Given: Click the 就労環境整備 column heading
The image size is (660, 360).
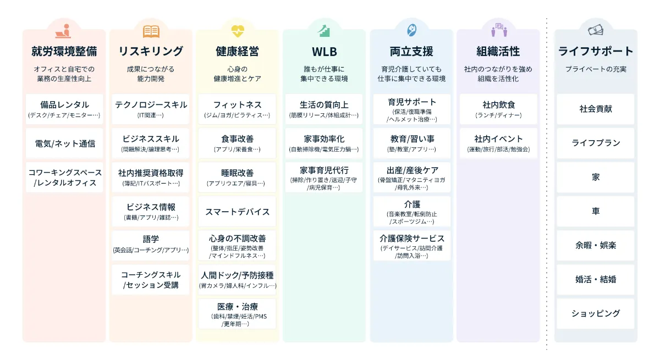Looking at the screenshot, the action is [64, 52].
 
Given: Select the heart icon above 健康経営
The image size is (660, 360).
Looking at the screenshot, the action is [238, 31].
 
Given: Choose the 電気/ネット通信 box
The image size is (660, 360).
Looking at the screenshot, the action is [64, 143].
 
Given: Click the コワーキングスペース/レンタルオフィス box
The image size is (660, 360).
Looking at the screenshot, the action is [64, 177].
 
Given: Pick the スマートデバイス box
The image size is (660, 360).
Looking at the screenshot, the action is [238, 212].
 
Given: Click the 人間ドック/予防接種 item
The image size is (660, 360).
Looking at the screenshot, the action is [238, 279].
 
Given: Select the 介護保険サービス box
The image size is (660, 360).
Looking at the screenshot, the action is [411, 245].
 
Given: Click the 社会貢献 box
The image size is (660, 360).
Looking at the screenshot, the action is [596, 109].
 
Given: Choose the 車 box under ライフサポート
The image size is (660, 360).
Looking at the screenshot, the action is [596, 211].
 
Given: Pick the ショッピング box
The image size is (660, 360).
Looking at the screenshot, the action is [596, 313].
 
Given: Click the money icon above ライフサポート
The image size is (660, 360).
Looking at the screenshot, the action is [596, 31].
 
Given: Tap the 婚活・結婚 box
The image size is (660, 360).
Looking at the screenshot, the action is [596, 279].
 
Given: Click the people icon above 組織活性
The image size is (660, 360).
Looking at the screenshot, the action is [498, 31].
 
